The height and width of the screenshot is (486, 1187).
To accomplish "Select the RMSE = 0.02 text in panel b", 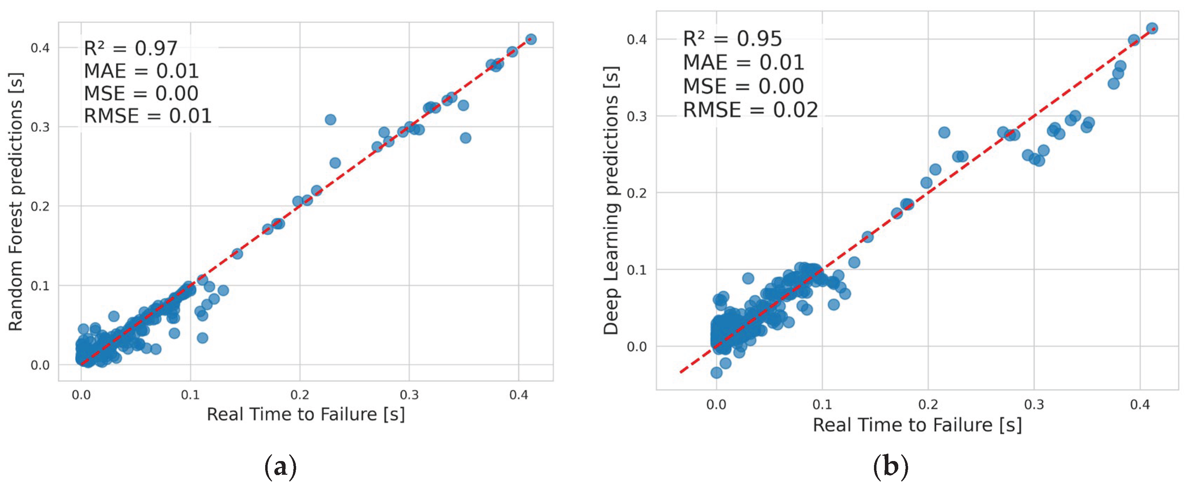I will pyautogui.click(x=750, y=110).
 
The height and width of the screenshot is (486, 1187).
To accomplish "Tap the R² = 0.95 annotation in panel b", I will pyautogui.click(x=732, y=39).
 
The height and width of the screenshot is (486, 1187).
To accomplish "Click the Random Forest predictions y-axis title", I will pyautogui.click(x=16, y=201).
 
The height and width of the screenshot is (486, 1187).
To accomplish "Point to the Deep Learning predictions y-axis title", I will pyautogui.click(x=611, y=200).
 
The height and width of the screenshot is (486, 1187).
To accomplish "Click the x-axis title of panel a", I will pyautogui.click(x=306, y=414).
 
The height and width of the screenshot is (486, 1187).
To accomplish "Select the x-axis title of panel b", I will pyautogui.click(x=917, y=424).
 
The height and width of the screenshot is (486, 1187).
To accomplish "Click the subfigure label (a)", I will pyautogui.click(x=280, y=467).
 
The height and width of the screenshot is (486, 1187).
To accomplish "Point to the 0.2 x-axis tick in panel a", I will pyautogui.click(x=300, y=395).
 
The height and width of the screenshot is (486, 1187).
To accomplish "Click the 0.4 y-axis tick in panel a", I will pyautogui.click(x=40, y=47).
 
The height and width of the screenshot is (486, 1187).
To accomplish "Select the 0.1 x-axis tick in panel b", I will pyautogui.click(x=822, y=405).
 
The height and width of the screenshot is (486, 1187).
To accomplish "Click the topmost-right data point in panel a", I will pyautogui.click(x=531, y=39).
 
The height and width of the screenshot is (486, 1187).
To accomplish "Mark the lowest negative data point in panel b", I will pyautogui.click(x=716, y=372).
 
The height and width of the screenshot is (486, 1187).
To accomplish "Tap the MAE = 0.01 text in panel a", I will pyautogui.click(x=141, y=71).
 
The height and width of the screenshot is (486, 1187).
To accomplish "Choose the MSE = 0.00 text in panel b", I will pyautogui.click(x=743, y=86).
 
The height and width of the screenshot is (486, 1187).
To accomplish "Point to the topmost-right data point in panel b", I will pyautogui.click(x=1152, y=28).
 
